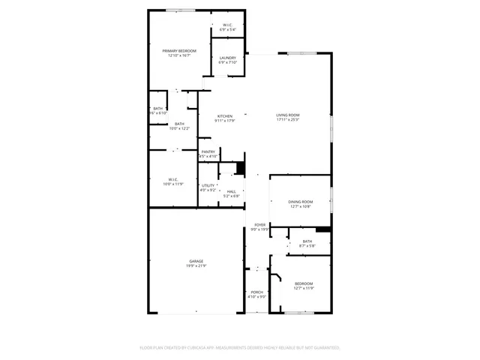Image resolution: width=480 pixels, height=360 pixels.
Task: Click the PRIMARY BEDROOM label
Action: [x=176, y=50]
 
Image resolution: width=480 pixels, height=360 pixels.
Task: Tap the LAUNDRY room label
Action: [x=227, y=58]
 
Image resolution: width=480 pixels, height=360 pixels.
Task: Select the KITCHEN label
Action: [x=225, y=115]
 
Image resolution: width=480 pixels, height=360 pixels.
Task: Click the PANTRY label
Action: [x=208, y=151]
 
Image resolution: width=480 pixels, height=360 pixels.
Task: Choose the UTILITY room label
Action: [x=208, y=185]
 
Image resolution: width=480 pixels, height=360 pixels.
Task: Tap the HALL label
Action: [x=232, y=191]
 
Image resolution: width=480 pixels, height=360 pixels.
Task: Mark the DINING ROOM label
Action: [x=300, y=202]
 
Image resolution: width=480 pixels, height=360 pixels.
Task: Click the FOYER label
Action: [x=259, y=224]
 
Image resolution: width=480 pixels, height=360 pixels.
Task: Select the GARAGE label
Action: [x=196, y=261]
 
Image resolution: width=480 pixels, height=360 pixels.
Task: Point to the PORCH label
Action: [x=256, y=292]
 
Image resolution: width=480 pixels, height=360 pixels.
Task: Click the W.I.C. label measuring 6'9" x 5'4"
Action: [x=227, y=25]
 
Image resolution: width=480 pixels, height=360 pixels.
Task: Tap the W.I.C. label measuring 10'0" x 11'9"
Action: [x=172, y=179]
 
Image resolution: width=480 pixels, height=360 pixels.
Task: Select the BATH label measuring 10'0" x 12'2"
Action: [x=179, y=124]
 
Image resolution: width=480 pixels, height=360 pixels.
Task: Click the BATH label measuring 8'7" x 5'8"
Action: [x=307, y=241]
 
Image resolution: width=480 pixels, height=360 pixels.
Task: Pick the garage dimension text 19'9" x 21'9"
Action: [x=196, y=265]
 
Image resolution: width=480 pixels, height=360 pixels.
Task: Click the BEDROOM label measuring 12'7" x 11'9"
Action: [x=304, y=283]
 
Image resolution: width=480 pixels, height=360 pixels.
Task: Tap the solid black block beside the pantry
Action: [x=241, y=168]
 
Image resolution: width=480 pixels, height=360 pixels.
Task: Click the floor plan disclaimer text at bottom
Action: [x=240, y=347]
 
